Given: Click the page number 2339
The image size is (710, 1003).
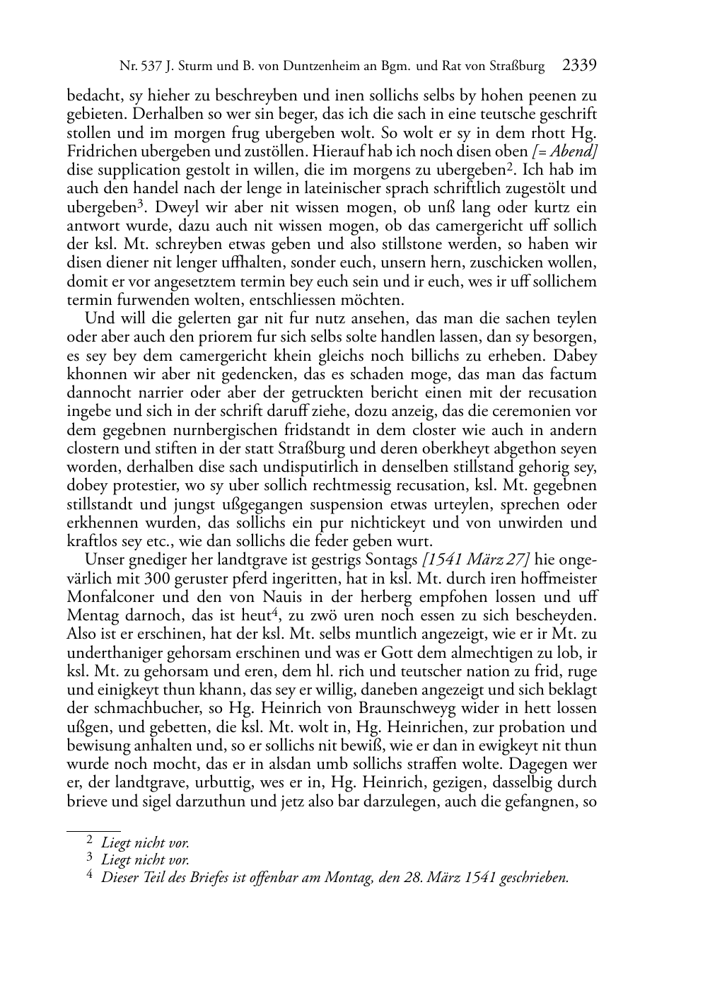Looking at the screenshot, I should [580, 66].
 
